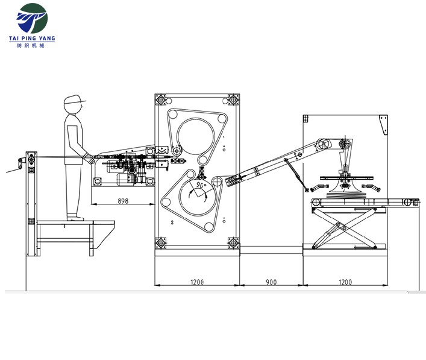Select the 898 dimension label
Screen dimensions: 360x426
pyautogui.click(x=123, y=201)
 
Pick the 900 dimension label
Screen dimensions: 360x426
pyautogui.click(x=270, y=282)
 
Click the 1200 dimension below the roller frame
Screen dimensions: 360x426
pyautogui.click(x=198, y=282)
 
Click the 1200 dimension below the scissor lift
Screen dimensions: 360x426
pyautogui.click(x=345, y=282)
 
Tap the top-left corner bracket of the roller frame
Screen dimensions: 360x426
pyautogui.click(x=160, y=99)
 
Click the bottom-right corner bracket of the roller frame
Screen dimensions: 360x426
pyautogui.click(x=233, y=243)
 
